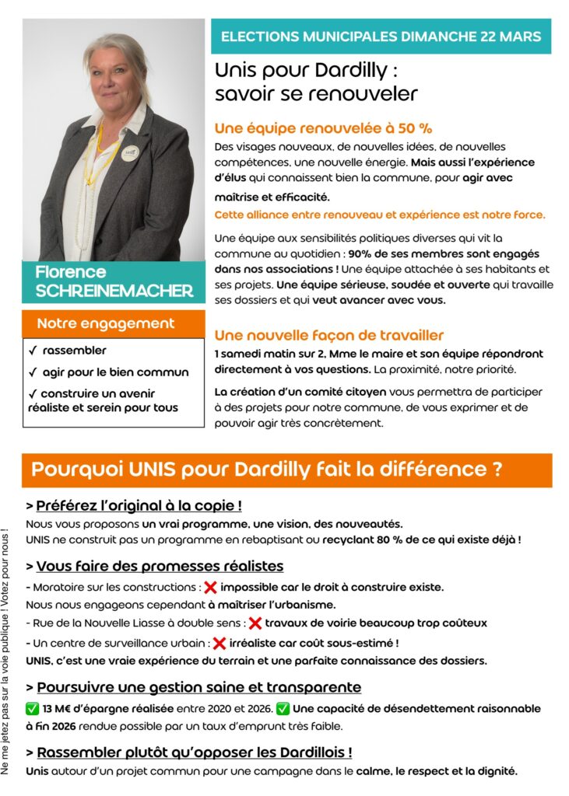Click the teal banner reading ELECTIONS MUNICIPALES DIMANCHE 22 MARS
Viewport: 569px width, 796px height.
(x=381, y=36)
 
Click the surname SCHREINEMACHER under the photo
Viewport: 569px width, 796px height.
(x=114, y=292)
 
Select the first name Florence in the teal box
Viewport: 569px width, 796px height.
(x=70, y=273)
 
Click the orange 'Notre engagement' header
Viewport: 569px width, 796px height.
(x=106, y=323)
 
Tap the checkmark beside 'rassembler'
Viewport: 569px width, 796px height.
(x=33, y=351)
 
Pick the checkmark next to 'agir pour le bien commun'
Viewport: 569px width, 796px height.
(x=33, y=372)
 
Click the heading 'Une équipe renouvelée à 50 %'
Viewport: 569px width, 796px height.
(x=323, y=128)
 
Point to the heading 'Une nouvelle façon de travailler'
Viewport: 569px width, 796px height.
(x=328, y=335)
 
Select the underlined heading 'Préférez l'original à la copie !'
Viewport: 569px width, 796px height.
(x=139, y=505)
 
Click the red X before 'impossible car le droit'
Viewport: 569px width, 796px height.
(x=210, y=587)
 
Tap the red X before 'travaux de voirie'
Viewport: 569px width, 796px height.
(x=255, y=623)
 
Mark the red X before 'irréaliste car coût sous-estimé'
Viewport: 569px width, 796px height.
(x=220, y=643)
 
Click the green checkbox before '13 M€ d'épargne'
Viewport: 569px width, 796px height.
(x=32, y=708)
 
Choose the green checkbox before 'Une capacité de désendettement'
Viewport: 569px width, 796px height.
(x=283, y=708)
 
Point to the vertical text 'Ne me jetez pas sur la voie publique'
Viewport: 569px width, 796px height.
(x=6, y=653)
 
